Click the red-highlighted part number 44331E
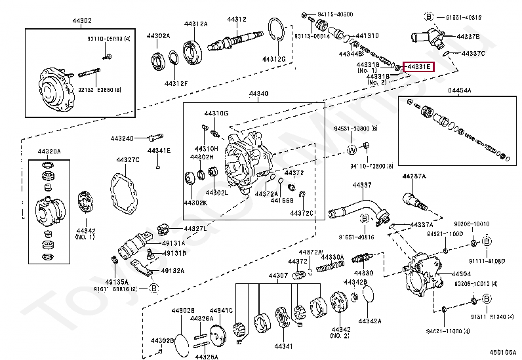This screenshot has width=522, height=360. tap(418, 66)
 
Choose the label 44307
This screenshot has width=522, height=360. tap(278, 275)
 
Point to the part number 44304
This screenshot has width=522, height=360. tap(461, 273)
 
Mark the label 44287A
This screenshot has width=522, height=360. tap(414, 176)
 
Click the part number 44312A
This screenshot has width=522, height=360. tap(195, 24)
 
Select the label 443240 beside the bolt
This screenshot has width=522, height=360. tap(122, 138)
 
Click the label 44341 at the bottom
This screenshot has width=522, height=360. tap(283, 346)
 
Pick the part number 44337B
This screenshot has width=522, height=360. tap(468, 36)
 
